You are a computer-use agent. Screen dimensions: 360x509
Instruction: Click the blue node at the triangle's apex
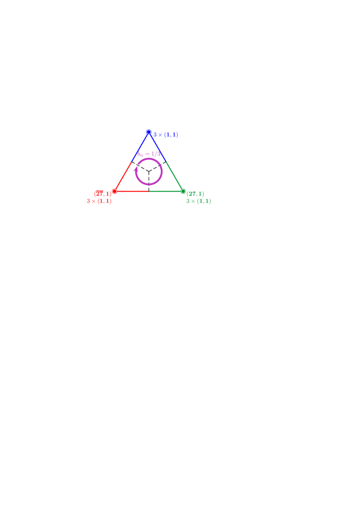tap(149, 132)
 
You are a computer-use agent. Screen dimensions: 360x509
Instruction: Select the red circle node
tap(114, 191)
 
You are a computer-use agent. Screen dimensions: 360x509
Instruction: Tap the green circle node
tap(183, 191)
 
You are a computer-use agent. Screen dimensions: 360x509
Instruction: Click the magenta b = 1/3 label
tap(149, 154)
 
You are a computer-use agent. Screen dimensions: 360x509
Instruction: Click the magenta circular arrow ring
tap(161, 171)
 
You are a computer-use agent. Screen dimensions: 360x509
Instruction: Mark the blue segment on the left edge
tap(140, 147)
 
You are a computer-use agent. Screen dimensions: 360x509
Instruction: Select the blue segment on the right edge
tap(158, 147)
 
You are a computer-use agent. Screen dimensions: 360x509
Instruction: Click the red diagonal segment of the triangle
tap(123, 176)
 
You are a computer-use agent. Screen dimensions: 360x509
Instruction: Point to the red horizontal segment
tap(132, 191)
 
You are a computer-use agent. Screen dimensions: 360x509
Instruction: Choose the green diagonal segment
tap(175, 176)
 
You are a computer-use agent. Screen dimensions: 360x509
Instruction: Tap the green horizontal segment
tap(166, 191)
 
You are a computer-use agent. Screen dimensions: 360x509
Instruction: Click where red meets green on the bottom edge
tap(149, 191)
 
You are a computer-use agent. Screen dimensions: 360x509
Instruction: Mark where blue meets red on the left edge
tap(131, 162)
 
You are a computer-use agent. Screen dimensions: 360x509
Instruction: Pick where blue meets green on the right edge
tap(166, 162)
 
